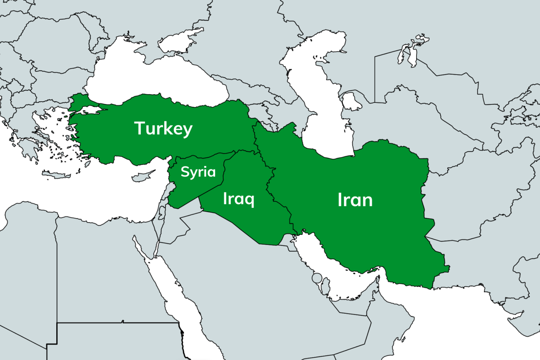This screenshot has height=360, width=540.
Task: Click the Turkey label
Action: click(x=163, y=128)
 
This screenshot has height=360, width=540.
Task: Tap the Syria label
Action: click(x=198, y=172)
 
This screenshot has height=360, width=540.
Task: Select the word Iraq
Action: click(x=238, y=199)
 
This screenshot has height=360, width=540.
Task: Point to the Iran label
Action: click(x=355, y=200)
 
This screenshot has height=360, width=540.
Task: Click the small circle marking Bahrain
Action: click(x=317, y=278)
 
